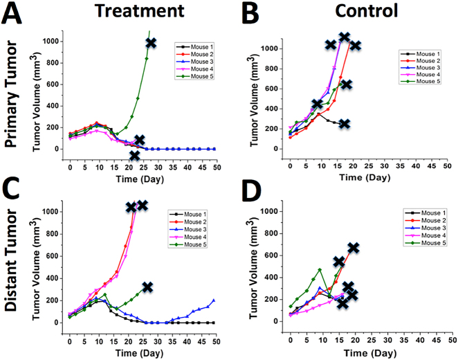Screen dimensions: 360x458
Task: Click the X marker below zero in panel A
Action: (x=134, y=155)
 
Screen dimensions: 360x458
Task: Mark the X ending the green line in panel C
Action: (x=147, y=287)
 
